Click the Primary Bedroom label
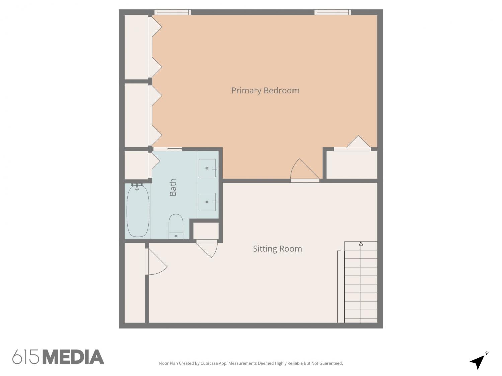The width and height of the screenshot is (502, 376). (x=265, y=91)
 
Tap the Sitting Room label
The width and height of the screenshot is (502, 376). (x=277, y=249)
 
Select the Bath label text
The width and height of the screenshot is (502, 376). (x=173, y=187)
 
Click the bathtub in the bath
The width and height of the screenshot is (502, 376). (x=138, y=211)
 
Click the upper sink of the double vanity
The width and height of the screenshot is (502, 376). (x=207, y=168)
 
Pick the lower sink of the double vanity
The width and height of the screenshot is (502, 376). (x=207, y=202)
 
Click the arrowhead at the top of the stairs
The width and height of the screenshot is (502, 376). (x=361, y=244)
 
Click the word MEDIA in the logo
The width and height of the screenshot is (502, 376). (x=74, y=357)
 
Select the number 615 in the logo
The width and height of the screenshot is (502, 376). (x=26, y=357)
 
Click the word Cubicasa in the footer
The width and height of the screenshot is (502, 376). (x=209, y=363)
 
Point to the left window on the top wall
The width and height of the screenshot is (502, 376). (x=173, y=12)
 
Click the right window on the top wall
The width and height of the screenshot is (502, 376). (x=333, y=12)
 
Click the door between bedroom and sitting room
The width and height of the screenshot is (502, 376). (x=305, y=170)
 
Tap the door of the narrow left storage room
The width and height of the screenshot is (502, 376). (x=156, y=262)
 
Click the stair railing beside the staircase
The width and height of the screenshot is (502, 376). (x=339, y=287)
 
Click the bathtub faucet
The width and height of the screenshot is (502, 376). (x=137, y=186)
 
